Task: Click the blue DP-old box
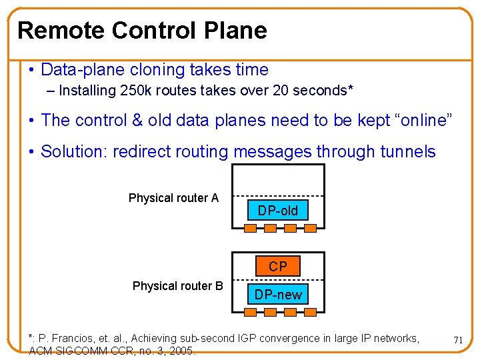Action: (x=278, y=211)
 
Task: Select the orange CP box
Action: (x=278, y=267)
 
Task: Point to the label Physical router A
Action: (x=173, y=198)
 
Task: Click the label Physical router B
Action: (x=178, y=286)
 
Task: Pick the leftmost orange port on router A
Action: (x=250, y=229)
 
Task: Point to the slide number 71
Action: (x=458, y=340)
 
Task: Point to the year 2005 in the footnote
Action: (x=182, y=350)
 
